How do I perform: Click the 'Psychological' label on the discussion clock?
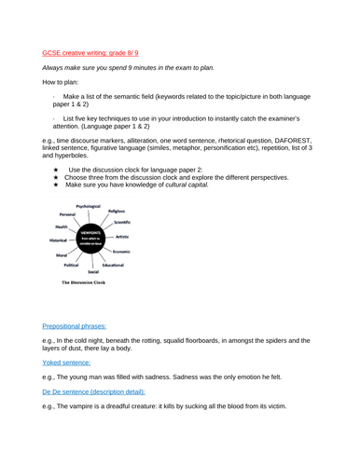coord(89,206)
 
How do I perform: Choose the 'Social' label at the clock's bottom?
coord(93,271)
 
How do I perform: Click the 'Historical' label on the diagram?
coord(59,240)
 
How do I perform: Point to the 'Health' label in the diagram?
coord(61,226)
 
